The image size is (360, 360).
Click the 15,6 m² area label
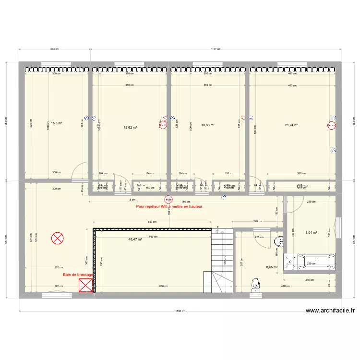[x=57, y=123]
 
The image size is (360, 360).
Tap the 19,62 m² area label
[x=130, y=127]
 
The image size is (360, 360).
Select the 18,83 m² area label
[x=207, y=125]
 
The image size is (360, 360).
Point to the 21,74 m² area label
[x=291, y=125]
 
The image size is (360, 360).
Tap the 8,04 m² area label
[x=312, y=233]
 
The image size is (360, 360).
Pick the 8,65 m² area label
[x=272, y=267]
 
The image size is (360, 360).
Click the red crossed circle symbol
[x=58, y=238]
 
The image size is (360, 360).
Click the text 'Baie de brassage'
[x=78, y=275]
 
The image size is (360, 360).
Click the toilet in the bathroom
[x=256, y=284]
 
